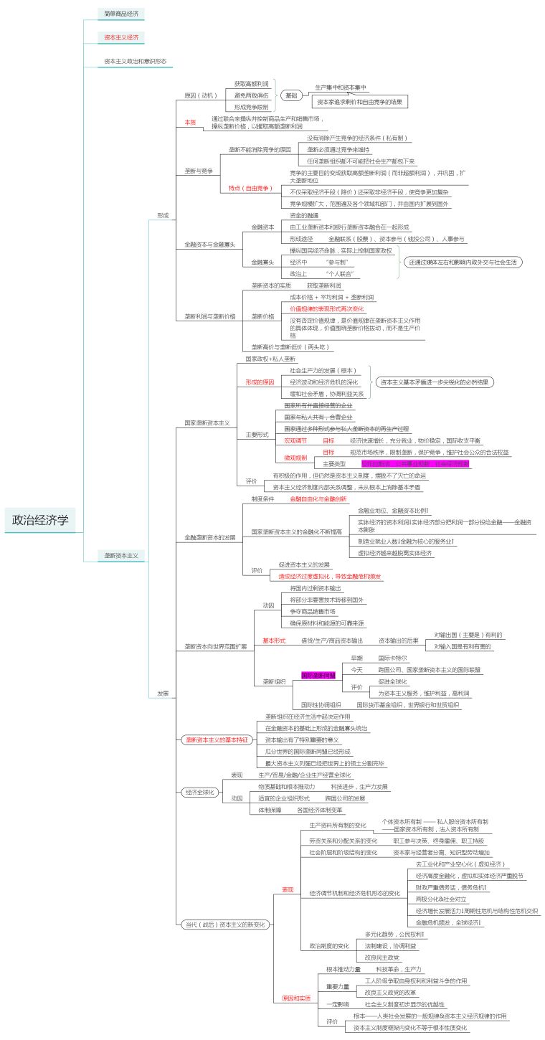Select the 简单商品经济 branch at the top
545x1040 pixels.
pos(122,14)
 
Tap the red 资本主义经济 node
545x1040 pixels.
pos(122,37)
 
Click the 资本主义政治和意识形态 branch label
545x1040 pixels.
pos(135,61)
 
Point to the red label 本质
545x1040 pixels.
pos(190,123)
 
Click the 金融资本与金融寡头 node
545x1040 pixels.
pos(209,245)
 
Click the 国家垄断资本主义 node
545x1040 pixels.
pos(207,423)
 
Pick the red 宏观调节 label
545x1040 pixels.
pos(295,440)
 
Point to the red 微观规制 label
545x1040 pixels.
pos(295,458)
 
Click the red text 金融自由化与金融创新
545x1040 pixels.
pos(318,498)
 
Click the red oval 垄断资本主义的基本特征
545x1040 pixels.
pos(216,739)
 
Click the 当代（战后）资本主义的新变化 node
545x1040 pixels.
pos(224,924)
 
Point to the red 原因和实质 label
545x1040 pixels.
pos(296,998)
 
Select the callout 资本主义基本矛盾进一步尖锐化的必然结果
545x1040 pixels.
pos(435,382)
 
